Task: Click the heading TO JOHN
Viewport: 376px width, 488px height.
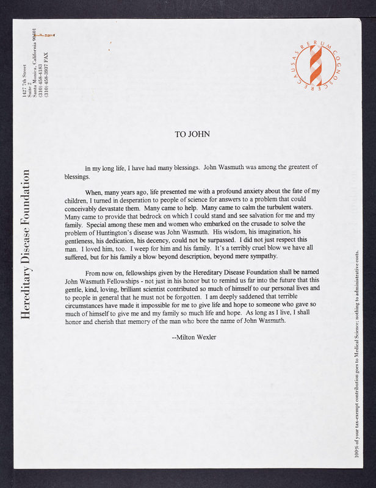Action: pyautogui.click(x=192, y=134)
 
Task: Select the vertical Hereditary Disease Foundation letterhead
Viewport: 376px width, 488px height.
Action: pyautogui.click(x=26, y=250)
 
